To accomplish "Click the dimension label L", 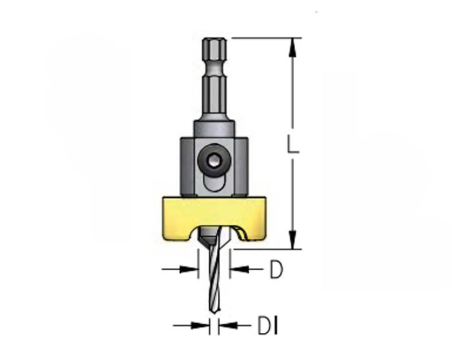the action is pos(293,143).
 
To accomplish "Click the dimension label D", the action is pos(276,269).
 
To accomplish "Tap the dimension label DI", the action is pos(268,326).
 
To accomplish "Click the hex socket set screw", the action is pos(214,161).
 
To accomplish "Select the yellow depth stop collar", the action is pos(214,218).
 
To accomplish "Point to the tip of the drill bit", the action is pos(216,312).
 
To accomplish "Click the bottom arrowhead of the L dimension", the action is pos(293,240).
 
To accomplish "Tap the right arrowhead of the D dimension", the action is pos(240,270).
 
